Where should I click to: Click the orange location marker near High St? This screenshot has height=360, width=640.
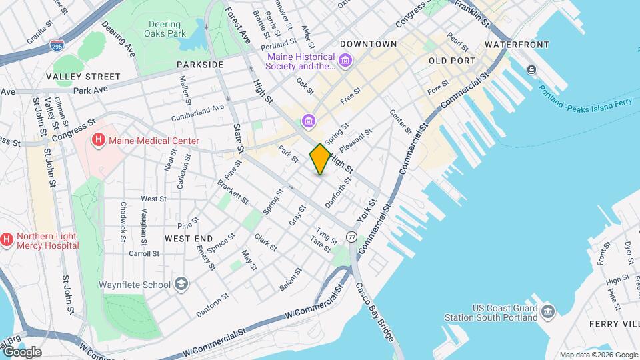[320, 159]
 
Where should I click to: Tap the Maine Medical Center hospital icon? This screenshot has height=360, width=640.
[99, 140]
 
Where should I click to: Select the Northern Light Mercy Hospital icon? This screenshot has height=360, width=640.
[7, 238]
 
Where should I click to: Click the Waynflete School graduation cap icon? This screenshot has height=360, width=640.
[181, 285]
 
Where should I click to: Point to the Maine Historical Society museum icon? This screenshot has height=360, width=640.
[345, 62]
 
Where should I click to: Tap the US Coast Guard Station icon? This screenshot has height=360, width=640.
[548, 311]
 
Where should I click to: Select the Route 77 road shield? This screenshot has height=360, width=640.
[351, 237]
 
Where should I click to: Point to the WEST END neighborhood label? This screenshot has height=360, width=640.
[189, 239]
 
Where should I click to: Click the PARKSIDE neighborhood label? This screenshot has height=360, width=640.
[200, 65]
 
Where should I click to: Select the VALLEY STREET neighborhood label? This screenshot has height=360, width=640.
[83, 77]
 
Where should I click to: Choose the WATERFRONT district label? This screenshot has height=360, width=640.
[517, 45]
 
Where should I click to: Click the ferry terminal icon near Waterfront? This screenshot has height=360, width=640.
[531, 70]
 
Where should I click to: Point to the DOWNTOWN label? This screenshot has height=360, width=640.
[368, 44]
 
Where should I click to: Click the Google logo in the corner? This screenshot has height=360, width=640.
[22, 352]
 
